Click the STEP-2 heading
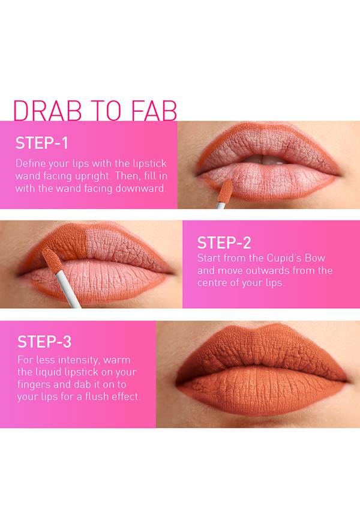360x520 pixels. point(224,243)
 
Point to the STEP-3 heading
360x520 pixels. point(44,342)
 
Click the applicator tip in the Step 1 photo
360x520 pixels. point(226,190)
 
